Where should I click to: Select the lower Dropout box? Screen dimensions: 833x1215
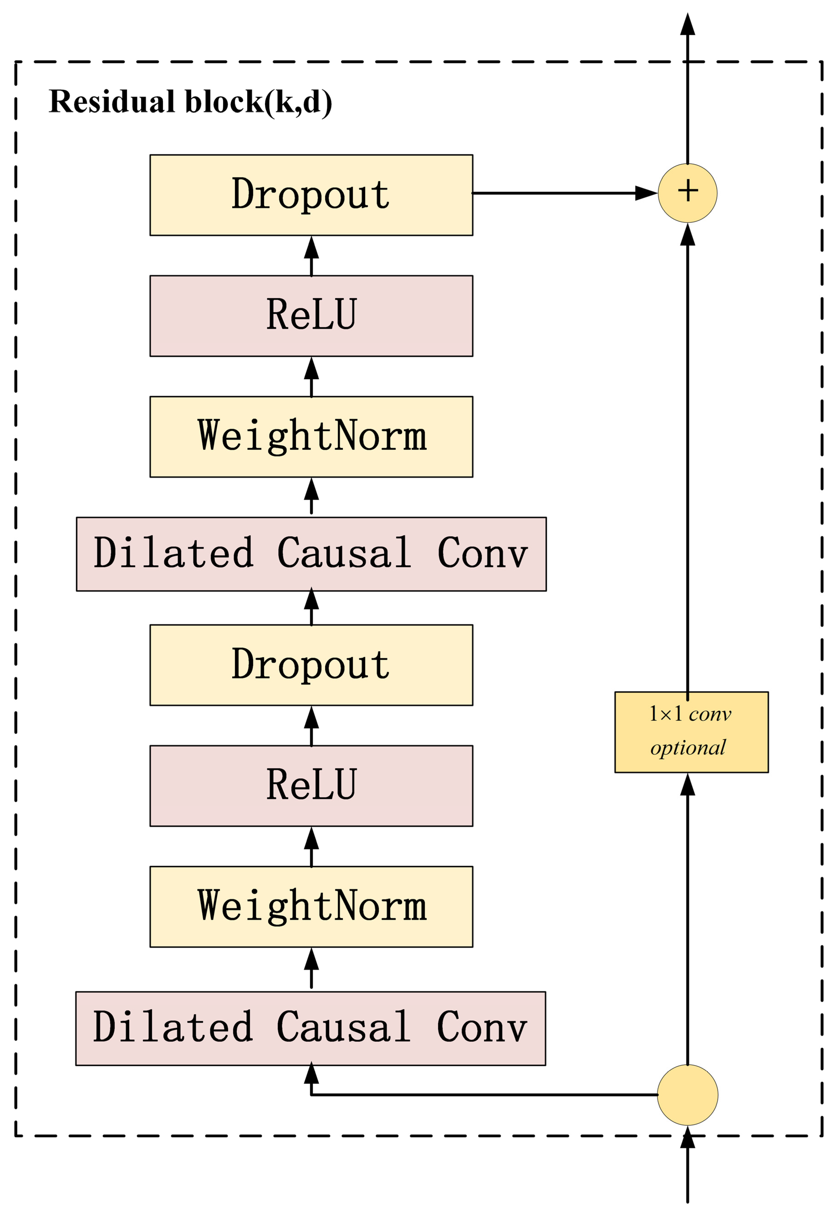(311, 665)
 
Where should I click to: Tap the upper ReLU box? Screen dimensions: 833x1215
(311, 316)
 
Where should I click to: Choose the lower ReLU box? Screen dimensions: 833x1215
(311, 786)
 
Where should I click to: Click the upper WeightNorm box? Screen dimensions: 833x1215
(311, 436)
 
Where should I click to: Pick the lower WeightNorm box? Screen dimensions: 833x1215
(311, 907)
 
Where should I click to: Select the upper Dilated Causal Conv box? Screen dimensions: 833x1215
(311, 554)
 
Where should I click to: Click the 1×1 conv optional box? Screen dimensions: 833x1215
(691, 732)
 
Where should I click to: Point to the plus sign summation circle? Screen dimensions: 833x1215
(688, 193)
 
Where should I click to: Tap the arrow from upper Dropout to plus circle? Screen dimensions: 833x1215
(565, 193)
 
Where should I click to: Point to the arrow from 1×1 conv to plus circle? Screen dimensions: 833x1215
(688, 462)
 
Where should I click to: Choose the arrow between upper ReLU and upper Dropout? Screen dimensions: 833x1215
(311, 256)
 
